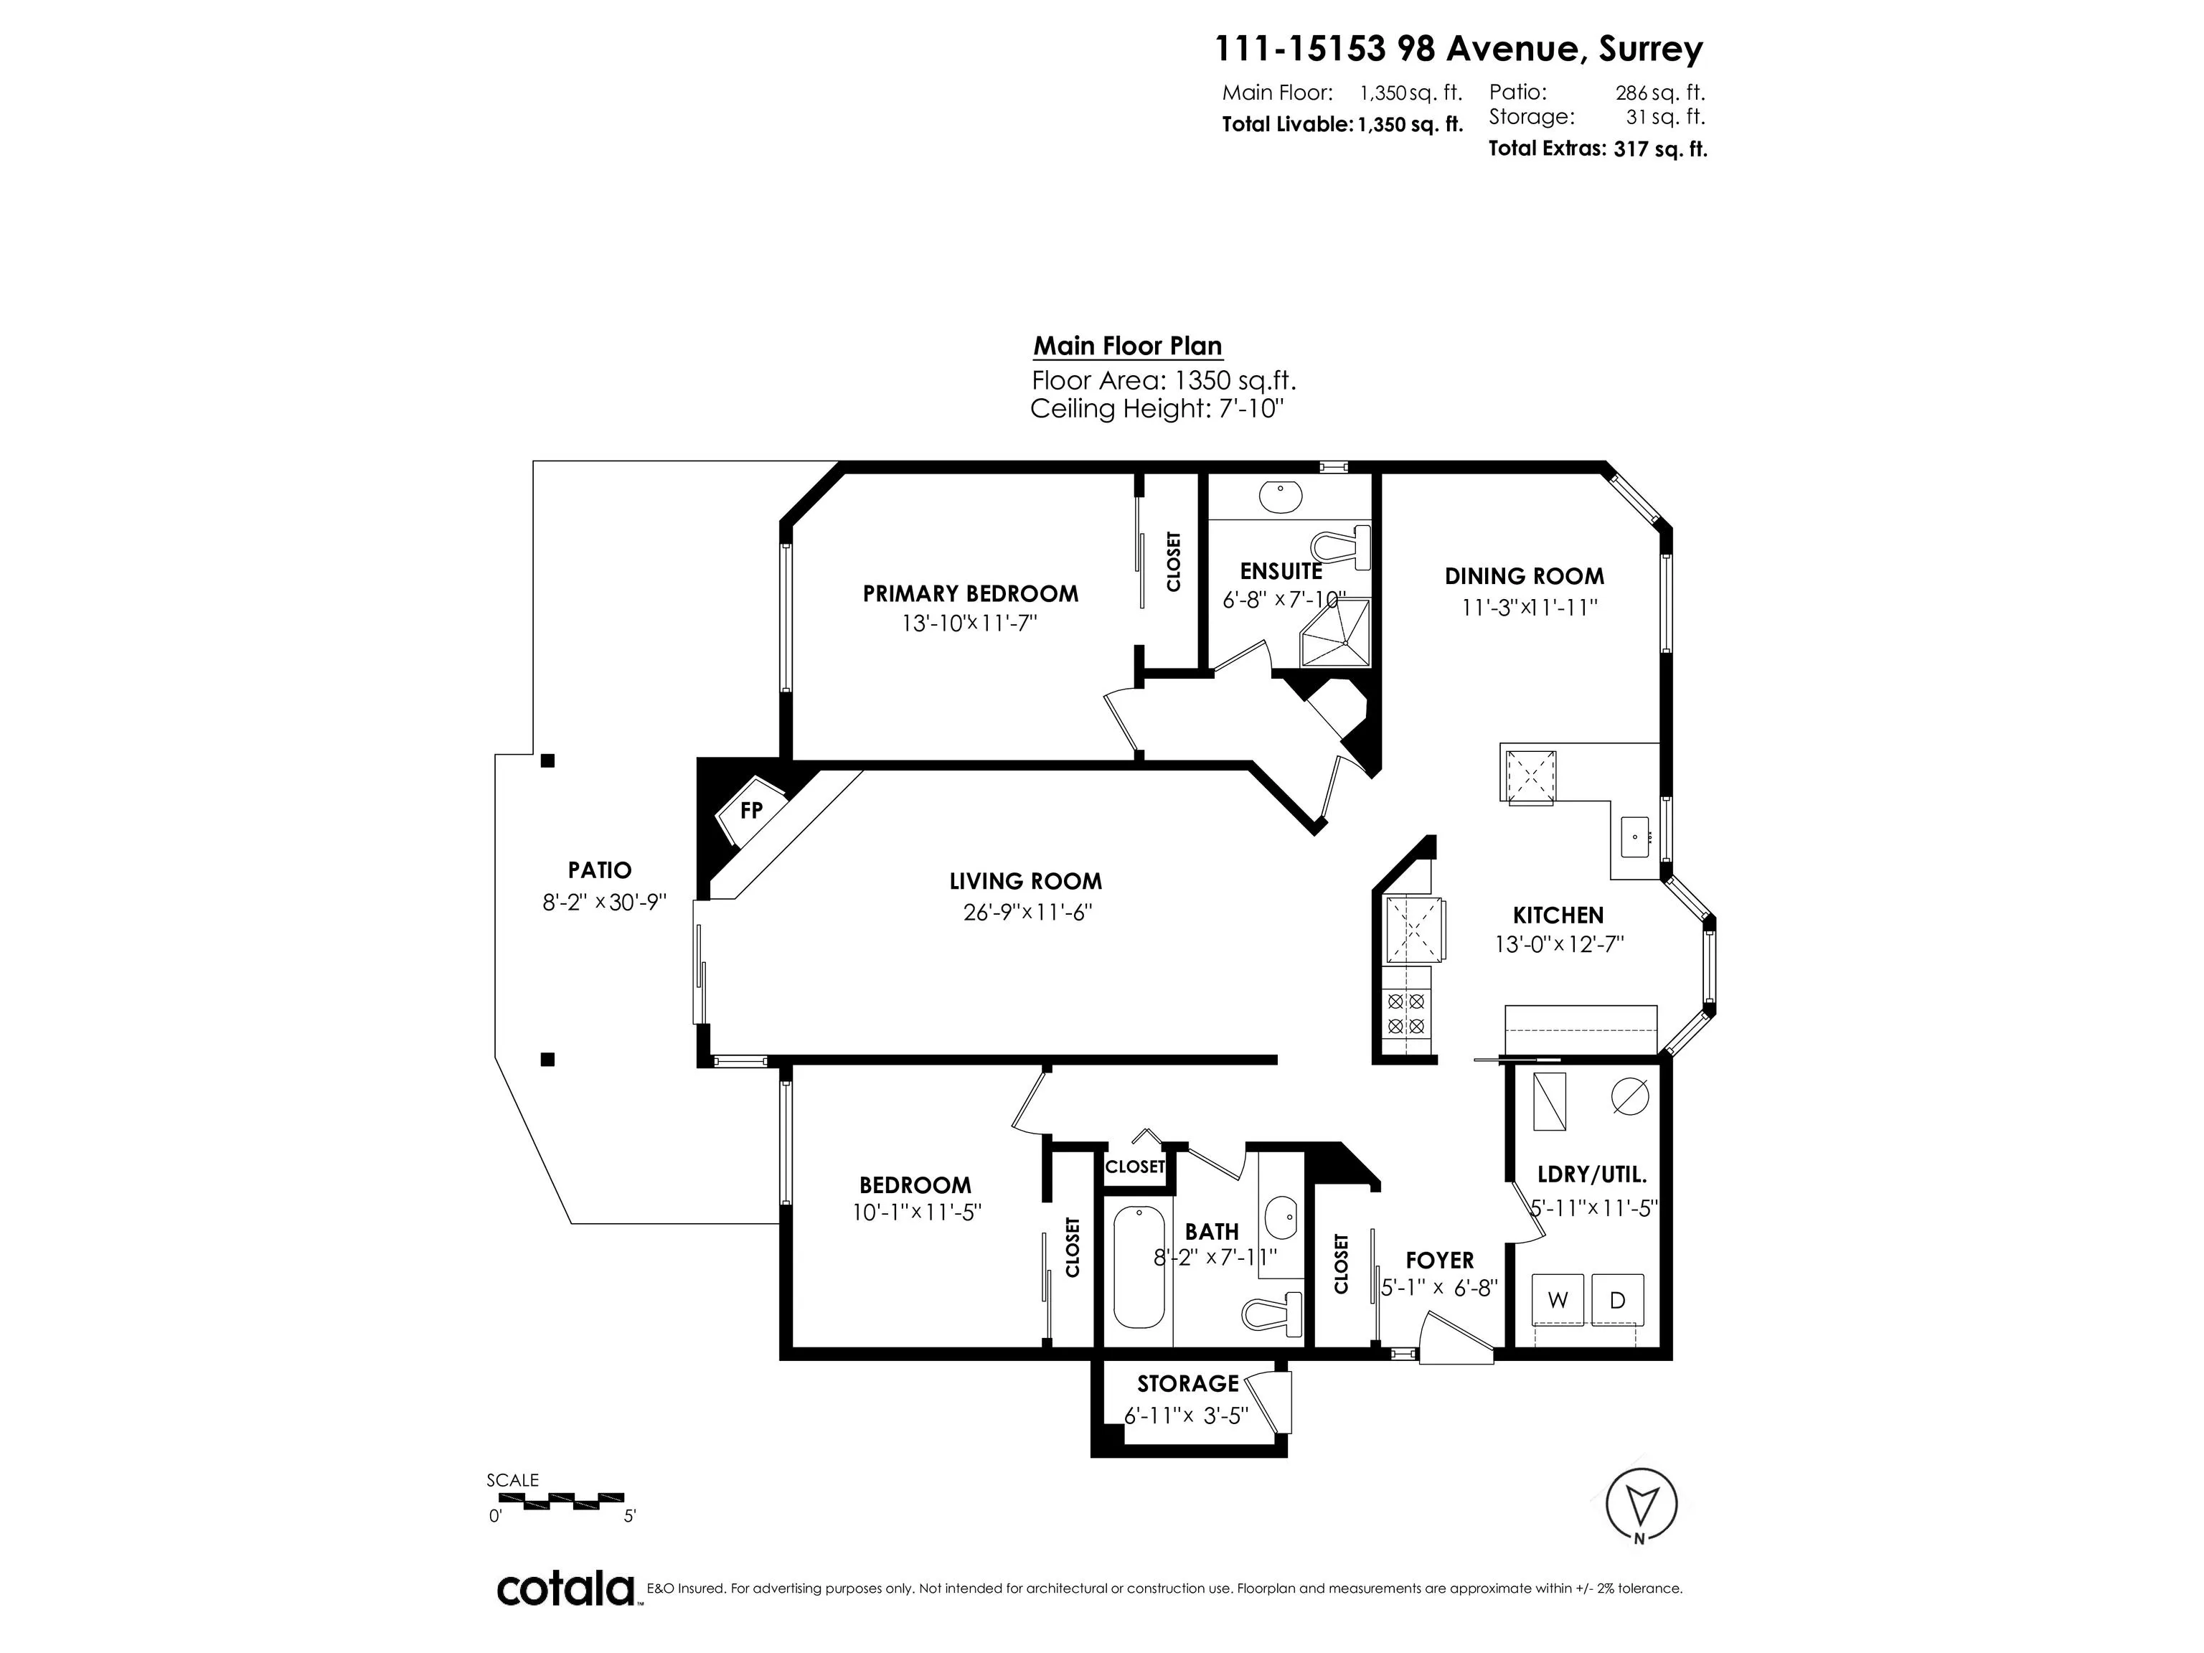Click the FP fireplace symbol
[751, 810]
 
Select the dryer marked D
[1617, 1299]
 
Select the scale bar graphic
[556, 1499]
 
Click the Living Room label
[1025, 881]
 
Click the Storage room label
[1187, 1383]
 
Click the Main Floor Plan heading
[1127, 346]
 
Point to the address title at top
[1459, 48]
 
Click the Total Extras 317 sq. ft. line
[1597, 149]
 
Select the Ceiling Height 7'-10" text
[1157, 408]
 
